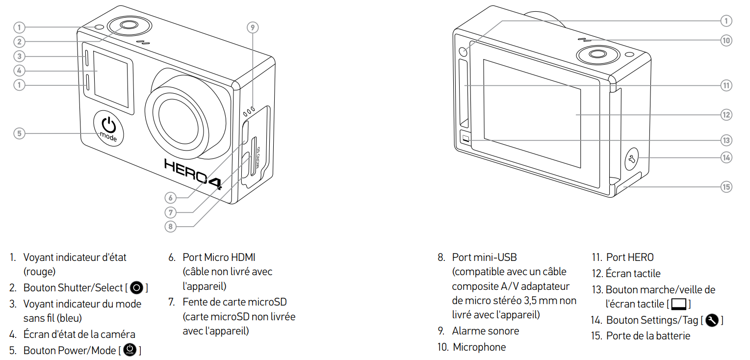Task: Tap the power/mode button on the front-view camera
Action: pyautogui.click(x=108, y=129)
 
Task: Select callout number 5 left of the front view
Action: pyautogui.click(x=20, y=133)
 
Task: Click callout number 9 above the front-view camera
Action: pyautogui.click(x=253, y=27)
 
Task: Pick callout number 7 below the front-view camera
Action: pyautogui.click(x=170, y=212)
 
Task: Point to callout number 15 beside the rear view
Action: pyautogui.click(x=726, y=187)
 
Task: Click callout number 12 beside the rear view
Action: pyautogui.click(x=726, y=115)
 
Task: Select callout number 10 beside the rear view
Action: pyautogui.click(x=726, y=41)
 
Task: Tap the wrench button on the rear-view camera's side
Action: pyautogui.click(x=632, y=159)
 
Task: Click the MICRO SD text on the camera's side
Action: pyautogui.click(x=258, y=157)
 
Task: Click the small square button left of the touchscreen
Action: pyautogui.click(x=466, y=138)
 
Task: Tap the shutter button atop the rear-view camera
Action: pyautogui.click(x=598, y=54)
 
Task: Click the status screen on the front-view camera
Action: pyautogui.click(x=111, y=79)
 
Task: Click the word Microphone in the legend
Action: pyautogui.click(x=479, y=347)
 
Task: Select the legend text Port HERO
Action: pyautogui.click(x=630, y=257)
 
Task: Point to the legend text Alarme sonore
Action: pyautogui.click(x=486, y=331)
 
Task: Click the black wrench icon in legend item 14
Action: pyautogui.click(x=712, y=320)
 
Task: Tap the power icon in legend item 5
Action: pyautogui.click(x=130, y=350)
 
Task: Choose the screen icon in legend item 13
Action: pyautogui.click(x=679, y=304)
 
